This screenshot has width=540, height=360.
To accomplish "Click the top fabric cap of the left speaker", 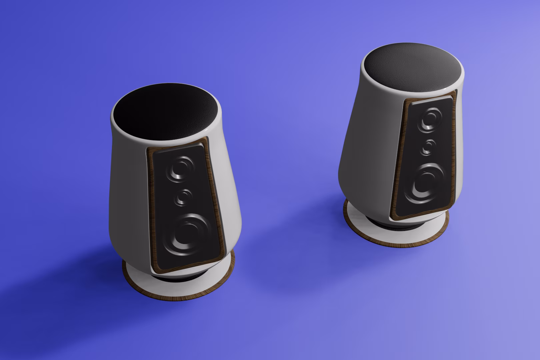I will pyautogui.click(x=167, y=113).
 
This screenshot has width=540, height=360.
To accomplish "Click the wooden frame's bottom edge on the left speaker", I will pyautogui.click(x=187, y=265).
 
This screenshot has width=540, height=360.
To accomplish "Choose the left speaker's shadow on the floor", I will pyautogui.click(x=83, y=277).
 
